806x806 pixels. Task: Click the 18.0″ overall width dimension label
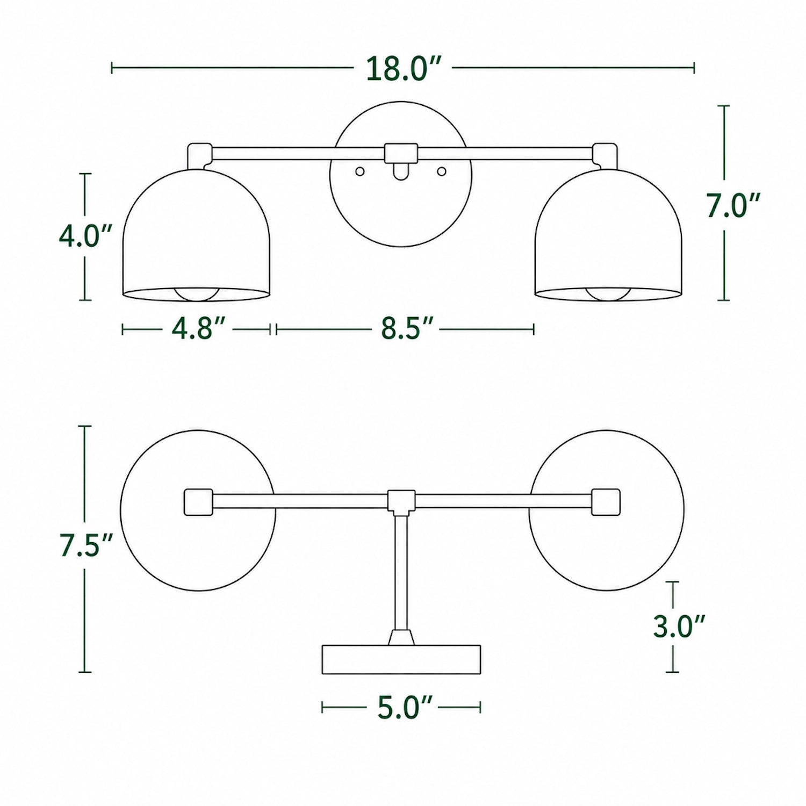point(404,69)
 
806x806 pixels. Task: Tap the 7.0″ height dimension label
point(733,205)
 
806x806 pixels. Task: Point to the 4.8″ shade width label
point(198,328)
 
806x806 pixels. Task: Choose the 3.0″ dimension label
point(679,627)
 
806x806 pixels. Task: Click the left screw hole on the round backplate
point(360,171)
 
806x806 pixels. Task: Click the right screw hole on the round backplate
point(442,171)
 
